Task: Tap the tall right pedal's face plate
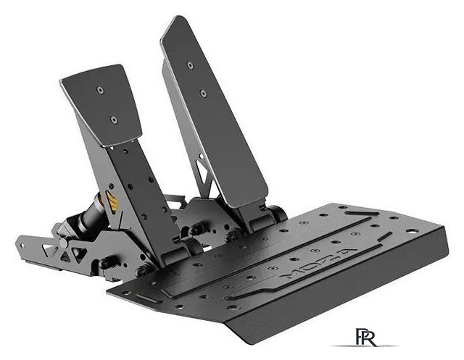214,109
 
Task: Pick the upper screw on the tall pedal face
190,65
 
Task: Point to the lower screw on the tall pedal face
202,93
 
